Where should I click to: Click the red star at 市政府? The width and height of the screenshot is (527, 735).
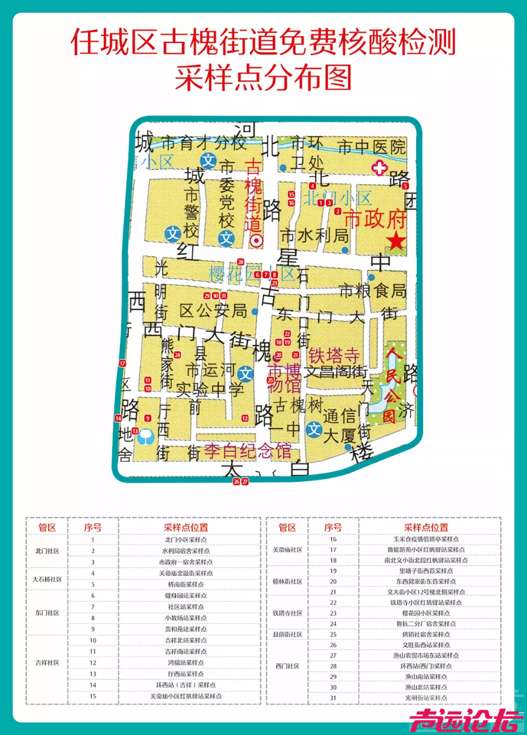click(x=396, y=242)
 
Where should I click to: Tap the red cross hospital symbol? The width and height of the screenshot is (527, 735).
click(x=378, y=168)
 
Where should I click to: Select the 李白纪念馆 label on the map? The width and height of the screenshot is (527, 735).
click(x=247, y=450)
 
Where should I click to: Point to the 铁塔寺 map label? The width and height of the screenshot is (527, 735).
click(x=334, y=355)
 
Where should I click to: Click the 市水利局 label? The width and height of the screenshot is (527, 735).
click(x=314, y=235)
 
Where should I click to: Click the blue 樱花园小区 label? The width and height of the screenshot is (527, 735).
click(x=251, y=272)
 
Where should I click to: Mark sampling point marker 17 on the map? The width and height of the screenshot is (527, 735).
click(x=122, y=363)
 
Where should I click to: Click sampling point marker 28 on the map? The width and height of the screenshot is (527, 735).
click(x=241, y=262)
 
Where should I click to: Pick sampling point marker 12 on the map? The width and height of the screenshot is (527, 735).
click(x=245, y=418)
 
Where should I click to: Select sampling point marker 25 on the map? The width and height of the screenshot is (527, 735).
click(x=270, y=380)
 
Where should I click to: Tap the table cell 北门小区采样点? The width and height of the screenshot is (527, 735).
click(x=185, y=540)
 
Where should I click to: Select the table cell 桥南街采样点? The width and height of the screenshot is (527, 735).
click(x=185, y=585)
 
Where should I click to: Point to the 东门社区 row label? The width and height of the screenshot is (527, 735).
click(x=47, y=613)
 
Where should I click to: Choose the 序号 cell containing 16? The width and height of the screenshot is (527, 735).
click(x=333, y=539)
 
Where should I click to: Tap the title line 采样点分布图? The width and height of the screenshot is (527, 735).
click(x=263, y=78)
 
